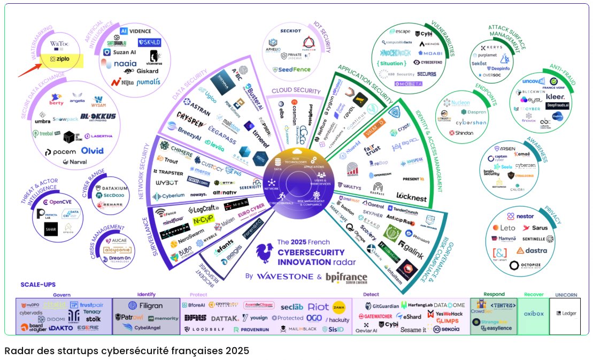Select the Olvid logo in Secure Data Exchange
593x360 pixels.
[93, 151]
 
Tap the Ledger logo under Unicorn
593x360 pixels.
[566, 313]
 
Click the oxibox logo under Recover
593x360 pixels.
[534, 313]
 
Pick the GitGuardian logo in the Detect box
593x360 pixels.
[382, 305]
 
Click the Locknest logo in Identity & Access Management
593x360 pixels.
[411, 197]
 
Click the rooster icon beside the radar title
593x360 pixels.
[264, 254]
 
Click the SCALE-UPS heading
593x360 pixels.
[38, 285]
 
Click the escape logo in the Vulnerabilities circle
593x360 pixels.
[401, 32]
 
